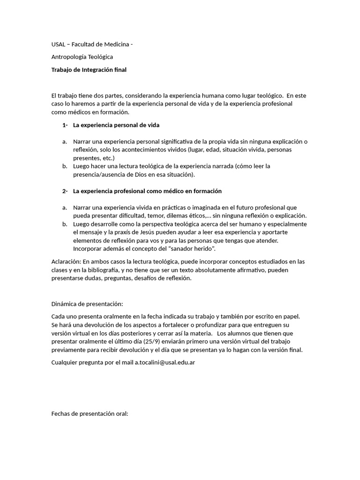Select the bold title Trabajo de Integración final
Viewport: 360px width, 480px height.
89,70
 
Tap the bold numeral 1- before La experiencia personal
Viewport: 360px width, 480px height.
65,125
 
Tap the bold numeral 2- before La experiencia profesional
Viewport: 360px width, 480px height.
65,191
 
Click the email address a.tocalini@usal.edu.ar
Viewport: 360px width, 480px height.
165,362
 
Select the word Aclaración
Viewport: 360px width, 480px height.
67,262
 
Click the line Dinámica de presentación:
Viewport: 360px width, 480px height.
87,304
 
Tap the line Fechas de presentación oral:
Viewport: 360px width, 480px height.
90,414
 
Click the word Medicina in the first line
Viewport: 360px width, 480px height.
116,45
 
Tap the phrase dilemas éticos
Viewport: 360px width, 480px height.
185,216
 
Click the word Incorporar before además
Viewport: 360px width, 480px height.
89,248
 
